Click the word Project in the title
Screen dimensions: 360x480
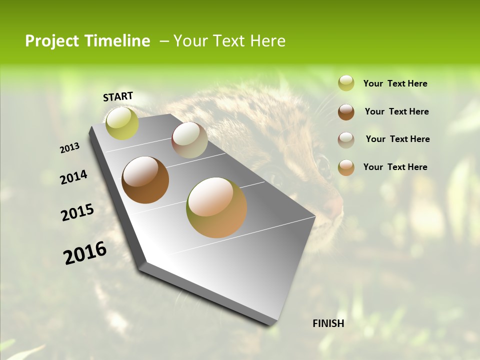pyautogui.click(x=51, y=41)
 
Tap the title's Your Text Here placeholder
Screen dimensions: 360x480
pyautogui.click(x=229, y=41)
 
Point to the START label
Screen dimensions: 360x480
pyautogui.click(x=118, y=96)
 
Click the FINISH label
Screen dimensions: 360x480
pyautogui.click(x=328, y=323)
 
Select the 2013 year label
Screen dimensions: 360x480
pyautogui.click(x=69, y=148)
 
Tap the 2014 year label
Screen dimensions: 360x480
pyautogui.click(x=74, y=177)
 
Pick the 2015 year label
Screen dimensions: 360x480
pyautogui.click(x=77, y=212)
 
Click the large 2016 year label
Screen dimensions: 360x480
pyautogui.click(x=85, y=253)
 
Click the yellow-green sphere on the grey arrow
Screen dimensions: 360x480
pyautogui.click(x=122, y=123)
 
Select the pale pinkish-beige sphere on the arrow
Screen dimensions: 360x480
pyautogui.click(x=189, y=140)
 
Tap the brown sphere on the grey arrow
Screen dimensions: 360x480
pyautogui.click(x=145, y=180)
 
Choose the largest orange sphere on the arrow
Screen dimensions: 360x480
pyautogui.click(x=216, y=207)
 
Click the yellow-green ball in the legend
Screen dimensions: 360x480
pyautogui.click(x=346, y=83)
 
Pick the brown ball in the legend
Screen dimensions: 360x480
pyautogui.click(x=346, y=112)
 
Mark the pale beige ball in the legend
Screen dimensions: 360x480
pyautogui.click(x=346, y=140)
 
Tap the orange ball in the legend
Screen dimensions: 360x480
pyautogui.click(x=346, y=167)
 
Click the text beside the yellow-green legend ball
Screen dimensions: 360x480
pyautogui.click(x=395, y=83)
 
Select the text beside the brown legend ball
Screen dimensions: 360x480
pyautogui.click(x=396, y=111)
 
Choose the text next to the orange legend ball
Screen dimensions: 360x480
pyautogui.click(x=395, y=167)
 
